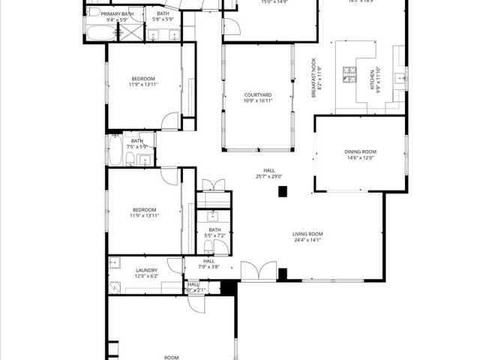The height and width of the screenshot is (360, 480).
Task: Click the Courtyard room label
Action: (257, 94)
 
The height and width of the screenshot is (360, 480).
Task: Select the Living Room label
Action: (307, 235)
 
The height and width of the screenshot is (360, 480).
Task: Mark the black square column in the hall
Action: (283, 191)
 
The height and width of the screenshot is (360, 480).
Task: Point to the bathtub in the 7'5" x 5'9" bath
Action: (115, 153)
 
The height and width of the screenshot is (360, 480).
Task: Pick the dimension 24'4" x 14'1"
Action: (307, 241)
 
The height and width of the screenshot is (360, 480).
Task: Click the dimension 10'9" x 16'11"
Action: (257, 100)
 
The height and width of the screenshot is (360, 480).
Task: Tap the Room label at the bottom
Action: (172, 358)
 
